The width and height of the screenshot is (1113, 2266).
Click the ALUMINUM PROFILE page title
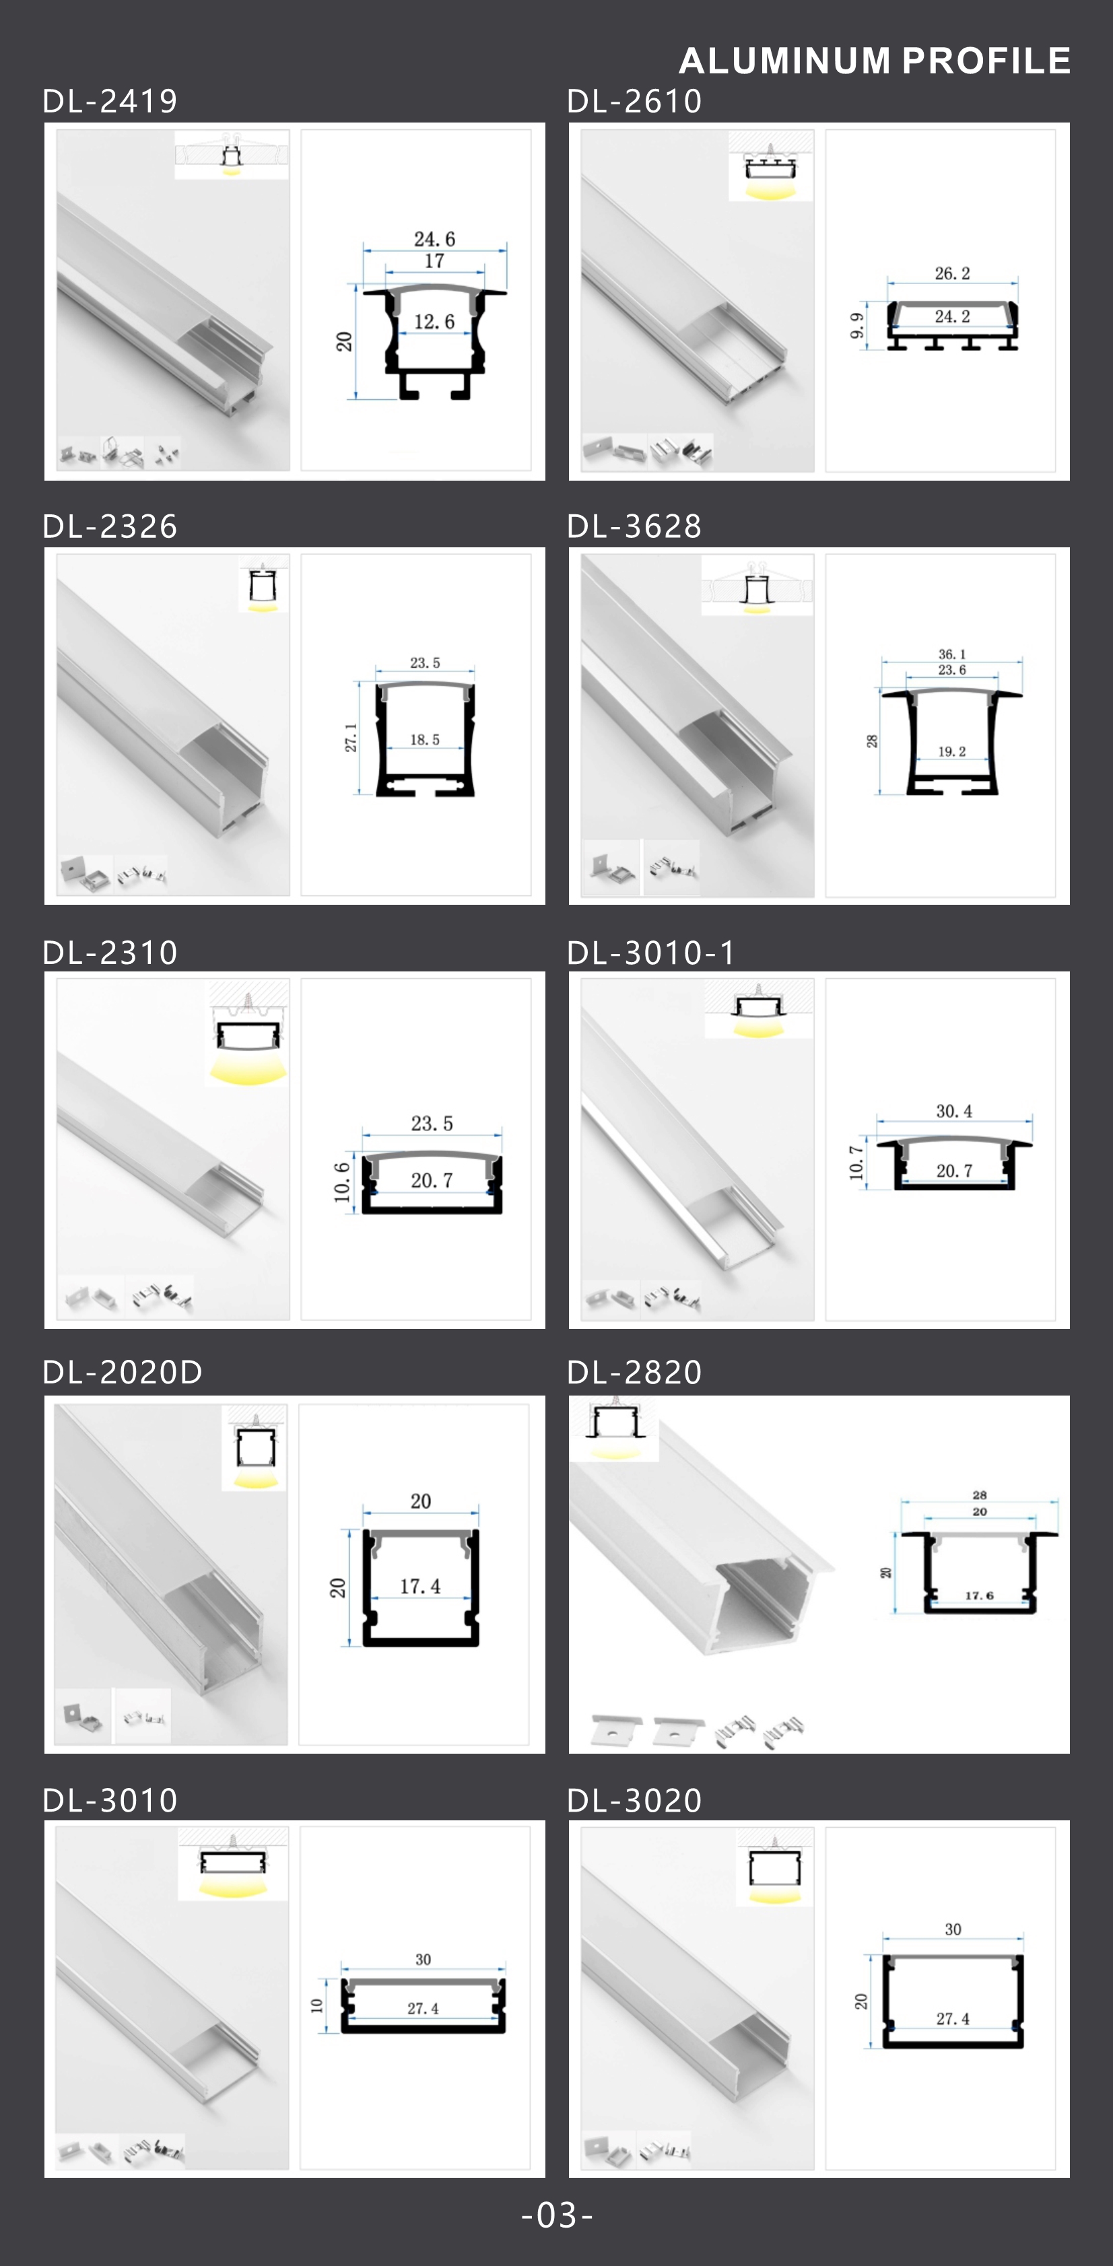tap(875, 61)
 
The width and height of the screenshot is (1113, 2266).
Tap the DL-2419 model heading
tap(110, 101)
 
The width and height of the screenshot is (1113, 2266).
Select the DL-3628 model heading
tap(634, 526)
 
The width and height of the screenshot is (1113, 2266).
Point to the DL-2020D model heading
tap(123, 1371)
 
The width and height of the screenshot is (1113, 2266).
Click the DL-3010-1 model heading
tap(651, 952)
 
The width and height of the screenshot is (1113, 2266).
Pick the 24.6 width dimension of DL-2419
tap(435, 238)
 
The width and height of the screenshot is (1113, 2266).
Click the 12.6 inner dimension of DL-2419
tap(435, 321)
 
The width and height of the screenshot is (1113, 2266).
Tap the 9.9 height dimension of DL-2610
tap(856, 325)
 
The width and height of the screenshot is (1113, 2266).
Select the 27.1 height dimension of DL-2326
tap(350, 737)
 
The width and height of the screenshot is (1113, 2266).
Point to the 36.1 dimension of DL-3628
tap(952, 654)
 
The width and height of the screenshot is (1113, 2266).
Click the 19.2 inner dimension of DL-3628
tap(952, 751)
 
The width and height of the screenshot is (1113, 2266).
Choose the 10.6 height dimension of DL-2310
tap(341, 1181)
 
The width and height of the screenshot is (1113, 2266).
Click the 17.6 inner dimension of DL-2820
tap(979, 1595)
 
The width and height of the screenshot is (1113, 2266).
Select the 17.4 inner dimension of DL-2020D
tap(421, 1586)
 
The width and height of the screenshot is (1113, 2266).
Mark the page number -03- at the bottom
tap(557, 2214)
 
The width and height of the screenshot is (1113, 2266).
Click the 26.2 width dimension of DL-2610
tap(952, 273)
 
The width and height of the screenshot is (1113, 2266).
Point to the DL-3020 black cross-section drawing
tap(953, 2001)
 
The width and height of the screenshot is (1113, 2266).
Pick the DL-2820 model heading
tap(634, 1371)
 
